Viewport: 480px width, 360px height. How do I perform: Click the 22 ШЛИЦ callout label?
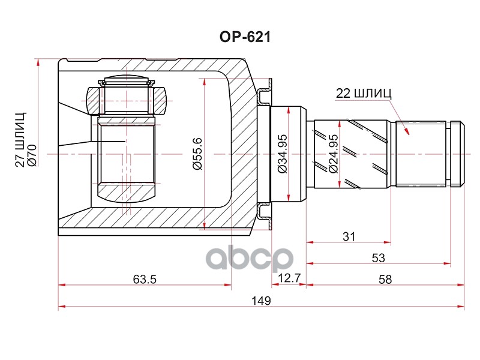coord(363,93)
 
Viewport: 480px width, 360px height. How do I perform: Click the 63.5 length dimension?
coord(144,279)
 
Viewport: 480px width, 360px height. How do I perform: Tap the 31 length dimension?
coord(349,236)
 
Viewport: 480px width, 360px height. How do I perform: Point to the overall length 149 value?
coord(262,300)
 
